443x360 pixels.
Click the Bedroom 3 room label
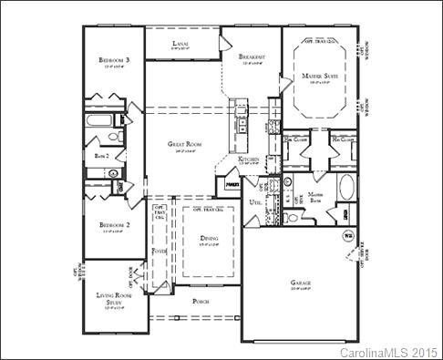[116, 61]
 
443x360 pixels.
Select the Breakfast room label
[252, 57]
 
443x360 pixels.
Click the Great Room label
[183, 143]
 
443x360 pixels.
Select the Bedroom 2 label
[116, 225]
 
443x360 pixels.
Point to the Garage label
[301, 283]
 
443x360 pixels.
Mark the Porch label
[202, 300]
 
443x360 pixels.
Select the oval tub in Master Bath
[347, 189]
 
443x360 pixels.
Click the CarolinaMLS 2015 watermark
[389, 351]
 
